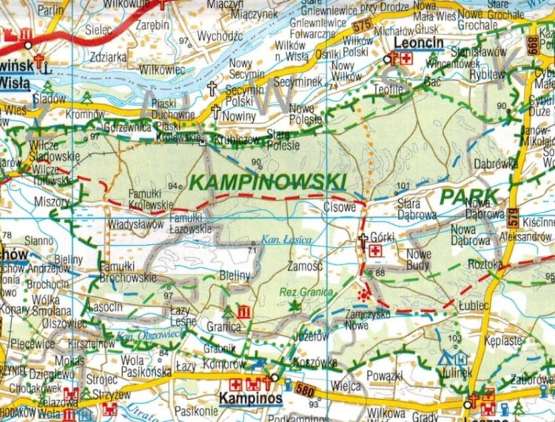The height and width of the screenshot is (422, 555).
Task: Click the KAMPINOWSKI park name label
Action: [268, 181]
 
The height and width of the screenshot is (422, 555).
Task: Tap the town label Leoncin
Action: [414, 44]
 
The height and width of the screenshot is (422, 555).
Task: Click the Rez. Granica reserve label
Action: [306, 292]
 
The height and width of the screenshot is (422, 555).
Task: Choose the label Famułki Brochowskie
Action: [128, 272]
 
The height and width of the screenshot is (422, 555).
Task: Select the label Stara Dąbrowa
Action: [417, 209]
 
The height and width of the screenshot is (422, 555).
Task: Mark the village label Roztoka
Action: [486, 264]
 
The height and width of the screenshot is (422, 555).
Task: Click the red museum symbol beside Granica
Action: [243, 312]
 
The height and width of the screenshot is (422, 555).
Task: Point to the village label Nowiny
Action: [239, 116]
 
